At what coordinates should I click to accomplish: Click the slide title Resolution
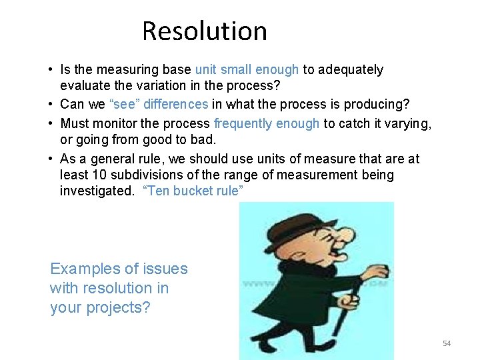[x=204, y=31]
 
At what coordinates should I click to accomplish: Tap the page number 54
[x=446, y=343]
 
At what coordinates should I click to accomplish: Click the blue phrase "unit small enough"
[x=247, y=70]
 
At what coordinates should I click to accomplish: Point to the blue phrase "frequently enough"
[x=266, y=123]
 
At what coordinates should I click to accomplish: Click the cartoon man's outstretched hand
[x=377, y=272]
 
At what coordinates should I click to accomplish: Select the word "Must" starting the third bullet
[x=74, y=123]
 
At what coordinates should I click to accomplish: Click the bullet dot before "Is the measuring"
[x=51, y=70]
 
